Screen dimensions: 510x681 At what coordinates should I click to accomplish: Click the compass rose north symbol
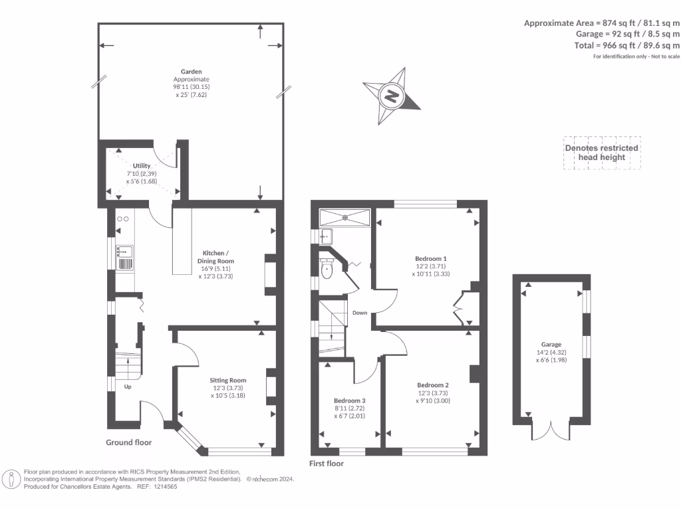point(392,96)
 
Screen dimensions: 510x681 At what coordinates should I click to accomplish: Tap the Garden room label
point(192,71)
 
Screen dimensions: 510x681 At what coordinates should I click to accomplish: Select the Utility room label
point(142,165)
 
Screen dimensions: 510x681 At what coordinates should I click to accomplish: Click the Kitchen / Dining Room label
point(218,257)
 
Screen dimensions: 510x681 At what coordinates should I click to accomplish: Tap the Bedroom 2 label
point(433,385)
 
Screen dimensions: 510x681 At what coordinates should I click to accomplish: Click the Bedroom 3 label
point(349,401)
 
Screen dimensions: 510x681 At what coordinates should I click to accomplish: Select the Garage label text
point(551,344)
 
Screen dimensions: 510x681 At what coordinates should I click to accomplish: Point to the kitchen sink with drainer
point(125,258)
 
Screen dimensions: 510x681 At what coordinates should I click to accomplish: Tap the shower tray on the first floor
point(344,217)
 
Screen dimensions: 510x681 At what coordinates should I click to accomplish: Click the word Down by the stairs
point(360,312)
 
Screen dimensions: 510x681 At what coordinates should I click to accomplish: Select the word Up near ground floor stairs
point(127,386)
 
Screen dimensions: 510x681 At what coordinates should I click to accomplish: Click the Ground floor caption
point(129,442)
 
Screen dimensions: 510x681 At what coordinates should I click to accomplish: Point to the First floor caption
point(327,464)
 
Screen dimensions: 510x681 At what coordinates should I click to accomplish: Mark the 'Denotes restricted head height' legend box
point(601,153)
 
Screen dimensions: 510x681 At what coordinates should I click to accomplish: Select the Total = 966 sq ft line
point(627,45)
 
